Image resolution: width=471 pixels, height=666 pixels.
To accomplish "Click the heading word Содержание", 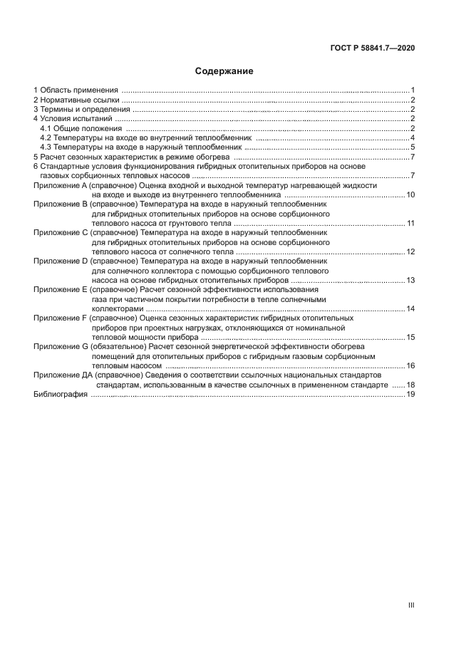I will [x=224, y=71].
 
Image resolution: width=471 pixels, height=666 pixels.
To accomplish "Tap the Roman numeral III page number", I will [x=410, y=605].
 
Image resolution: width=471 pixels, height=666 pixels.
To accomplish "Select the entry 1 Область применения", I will [x=76, y=90].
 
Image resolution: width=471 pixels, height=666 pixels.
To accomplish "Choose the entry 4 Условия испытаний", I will [x=71, y=119].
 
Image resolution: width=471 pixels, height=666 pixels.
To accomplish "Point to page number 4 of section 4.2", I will [x=413, y=137].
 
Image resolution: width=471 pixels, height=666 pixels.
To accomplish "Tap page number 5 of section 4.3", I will [x=413, y=147].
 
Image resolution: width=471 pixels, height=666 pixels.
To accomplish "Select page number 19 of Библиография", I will [x=410, y=394].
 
